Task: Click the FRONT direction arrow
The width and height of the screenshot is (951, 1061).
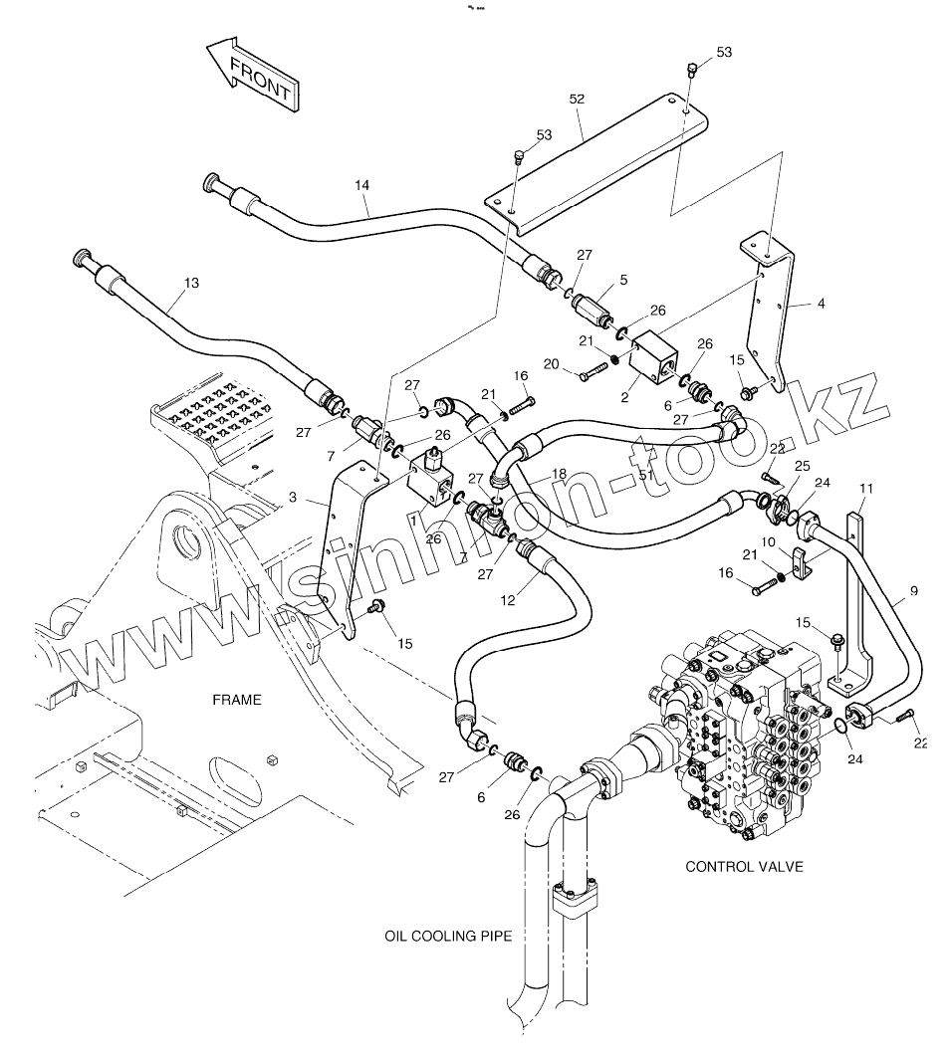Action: coord(252,75)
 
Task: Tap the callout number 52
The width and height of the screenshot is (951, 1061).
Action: coord(577,99)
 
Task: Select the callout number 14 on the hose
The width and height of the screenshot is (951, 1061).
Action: coord(361,186)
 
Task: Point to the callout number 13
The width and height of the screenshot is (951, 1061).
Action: coord(191,284)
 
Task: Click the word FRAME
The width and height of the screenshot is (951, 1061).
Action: coord(237,700)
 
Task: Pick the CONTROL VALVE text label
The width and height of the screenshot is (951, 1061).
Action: coord(744,867)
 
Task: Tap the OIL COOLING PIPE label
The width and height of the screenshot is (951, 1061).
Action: coord(448,937)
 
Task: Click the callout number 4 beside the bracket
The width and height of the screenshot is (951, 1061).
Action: coord(821,303)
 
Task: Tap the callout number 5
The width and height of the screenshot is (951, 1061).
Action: coord(623,281)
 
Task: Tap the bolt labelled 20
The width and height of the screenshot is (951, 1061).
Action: coord(594,374)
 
